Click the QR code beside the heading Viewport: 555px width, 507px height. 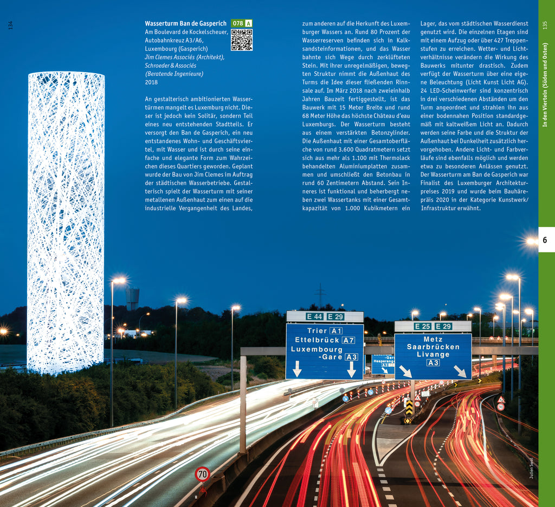pos(242,40)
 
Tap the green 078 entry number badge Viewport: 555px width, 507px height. pos(237,23)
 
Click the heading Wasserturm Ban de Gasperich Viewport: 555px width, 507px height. pos(185,24)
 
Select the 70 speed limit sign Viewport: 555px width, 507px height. pos(202,474)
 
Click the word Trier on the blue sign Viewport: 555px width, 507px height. pos(317,331)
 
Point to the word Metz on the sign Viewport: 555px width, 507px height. pos(433,340)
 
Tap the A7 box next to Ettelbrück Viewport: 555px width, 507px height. pos(348,340)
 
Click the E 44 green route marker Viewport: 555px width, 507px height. pos(314,316)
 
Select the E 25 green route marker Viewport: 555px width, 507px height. pos(423,326)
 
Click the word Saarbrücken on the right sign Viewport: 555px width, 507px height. pos(433,347)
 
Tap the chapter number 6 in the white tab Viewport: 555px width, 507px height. pos(545,240)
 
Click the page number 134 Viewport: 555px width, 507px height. pos(10,25)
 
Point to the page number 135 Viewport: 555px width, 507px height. pos(545,25)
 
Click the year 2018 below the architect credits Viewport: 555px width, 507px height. pos(151,82)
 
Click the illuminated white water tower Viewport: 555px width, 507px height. pos(66,222)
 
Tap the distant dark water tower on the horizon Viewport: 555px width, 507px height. pos(132,297)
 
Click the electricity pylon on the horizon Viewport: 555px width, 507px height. pos(320,295)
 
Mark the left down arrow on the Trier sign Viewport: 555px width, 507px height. pos(296,368)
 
